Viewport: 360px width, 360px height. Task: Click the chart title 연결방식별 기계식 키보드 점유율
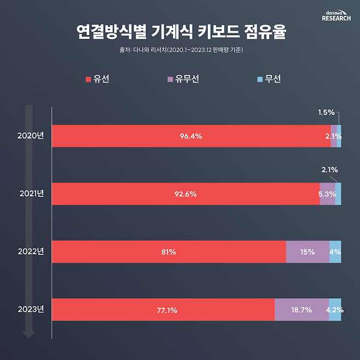pyautogui.click(x=180, y=31)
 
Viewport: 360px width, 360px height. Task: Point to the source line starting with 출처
pyautogui.click(x=180, y=51)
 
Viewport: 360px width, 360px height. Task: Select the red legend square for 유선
pyautogui.click(x=88, y=80)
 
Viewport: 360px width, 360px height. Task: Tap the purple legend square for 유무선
pyautogui.click(x=171, y=80)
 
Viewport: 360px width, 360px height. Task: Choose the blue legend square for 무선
pyautogui.click(x=260, y=80)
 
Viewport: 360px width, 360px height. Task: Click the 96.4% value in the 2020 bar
pyautogui.click(x=191, y=136)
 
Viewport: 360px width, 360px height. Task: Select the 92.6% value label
pyautogui.click(x=185, y=194)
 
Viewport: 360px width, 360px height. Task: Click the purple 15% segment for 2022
pyautogui.click(x=307, y=252)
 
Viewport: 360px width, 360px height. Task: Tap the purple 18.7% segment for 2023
pyautogui.click(x=301, y=310)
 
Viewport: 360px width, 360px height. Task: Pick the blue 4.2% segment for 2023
pyautogui.click(x=335, y=310)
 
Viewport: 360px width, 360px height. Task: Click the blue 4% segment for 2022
pyautogui.click(x=335, y=252)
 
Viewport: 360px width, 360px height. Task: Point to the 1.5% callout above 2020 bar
pyautogui.click(x=326, y=112)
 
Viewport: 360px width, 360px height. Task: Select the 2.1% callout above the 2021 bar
pyautogui.click(x=329, y=170)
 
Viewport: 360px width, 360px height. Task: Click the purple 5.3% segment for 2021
pyautogui.click(x=327, y=194)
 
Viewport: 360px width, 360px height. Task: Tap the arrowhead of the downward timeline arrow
pyautogui.click(x=29, y=334)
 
